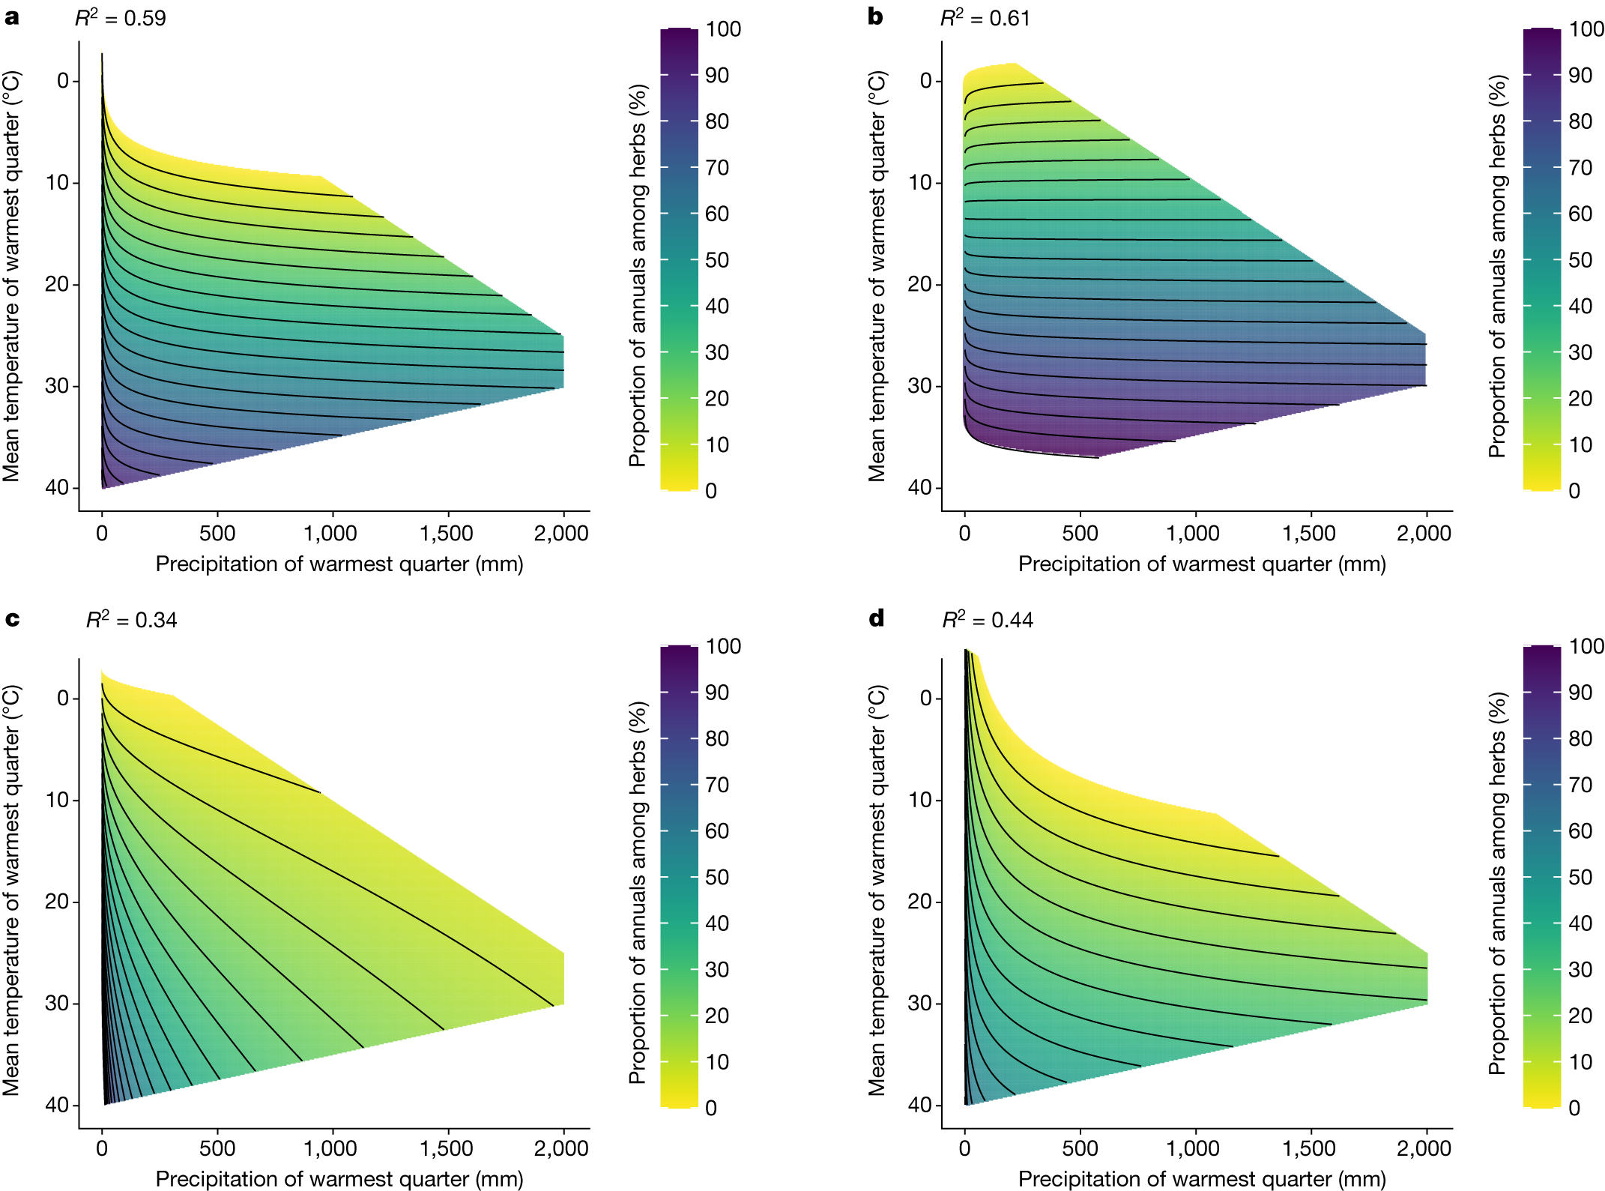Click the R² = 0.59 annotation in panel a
[121, 18]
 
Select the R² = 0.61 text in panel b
[985, 18]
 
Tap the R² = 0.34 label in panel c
[131, 620]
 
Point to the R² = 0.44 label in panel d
[987, 620]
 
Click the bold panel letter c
[12, 619]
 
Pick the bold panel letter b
[875, 16]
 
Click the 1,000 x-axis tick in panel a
[330, 534]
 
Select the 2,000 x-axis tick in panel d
[1424, 1148]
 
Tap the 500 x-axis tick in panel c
[217, 1148]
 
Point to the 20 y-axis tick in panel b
[919, 284]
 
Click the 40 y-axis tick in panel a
[57, 487]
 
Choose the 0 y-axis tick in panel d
[926, 698]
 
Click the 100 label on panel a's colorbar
[723, 29]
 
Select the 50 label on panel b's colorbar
[1580, 260]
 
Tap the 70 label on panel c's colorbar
[717, 785]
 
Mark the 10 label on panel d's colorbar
[1580, 1062]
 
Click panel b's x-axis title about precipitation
[1201, 564]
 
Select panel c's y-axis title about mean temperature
[12, 890]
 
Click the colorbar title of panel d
[1496, 883]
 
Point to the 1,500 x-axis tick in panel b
[1309, 534]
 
